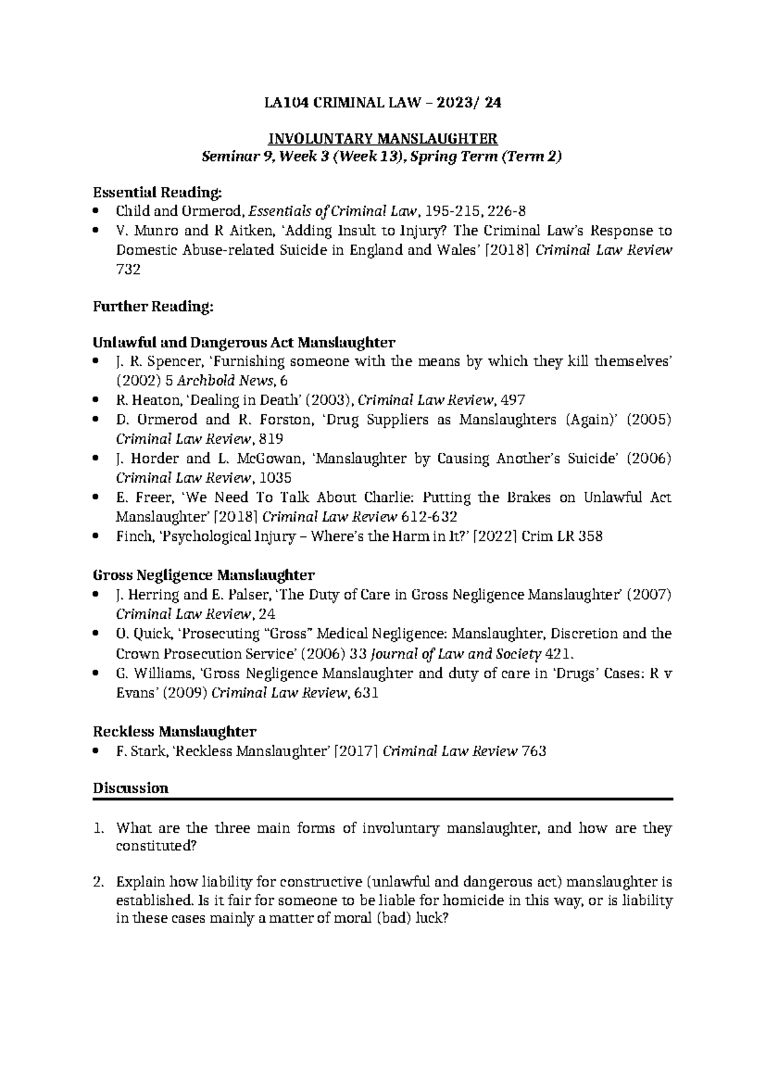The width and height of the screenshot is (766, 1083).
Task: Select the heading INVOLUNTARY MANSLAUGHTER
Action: [382, 139]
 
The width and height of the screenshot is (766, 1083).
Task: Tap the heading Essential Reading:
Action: [158, 192]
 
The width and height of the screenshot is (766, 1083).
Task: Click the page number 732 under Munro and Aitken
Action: [128, 269]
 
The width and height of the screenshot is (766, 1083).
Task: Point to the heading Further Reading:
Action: [153, 307]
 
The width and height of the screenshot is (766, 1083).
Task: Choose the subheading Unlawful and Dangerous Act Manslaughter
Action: [244, 342]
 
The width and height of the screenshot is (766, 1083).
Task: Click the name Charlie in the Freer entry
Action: [372, 497]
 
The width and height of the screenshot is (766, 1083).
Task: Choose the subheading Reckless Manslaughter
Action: [174, 731]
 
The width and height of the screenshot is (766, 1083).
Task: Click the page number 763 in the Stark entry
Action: [534, 752]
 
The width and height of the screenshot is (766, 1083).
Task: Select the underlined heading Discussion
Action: [131, 788]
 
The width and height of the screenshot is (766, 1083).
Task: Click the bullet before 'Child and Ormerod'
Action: [96, 211]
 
